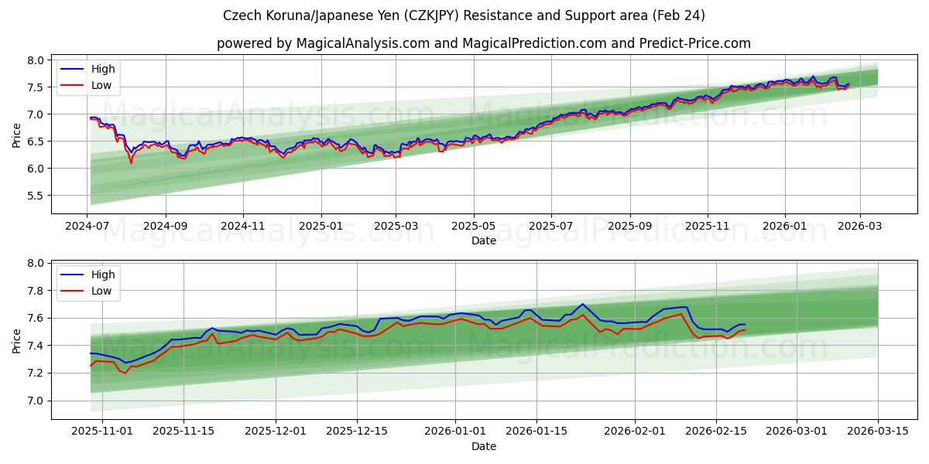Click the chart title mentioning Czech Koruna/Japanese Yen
tap(464, 15)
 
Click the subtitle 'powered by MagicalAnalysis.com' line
tap(483, 43)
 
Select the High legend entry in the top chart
tap(102, 69)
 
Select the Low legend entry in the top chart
tap(101, 85)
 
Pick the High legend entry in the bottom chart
tap(102, 275)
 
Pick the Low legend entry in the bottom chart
tap(101, 291)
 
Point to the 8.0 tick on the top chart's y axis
tap(36, 60)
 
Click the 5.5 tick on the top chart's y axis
tap(36, 196)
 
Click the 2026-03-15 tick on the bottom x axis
tap(878, 431)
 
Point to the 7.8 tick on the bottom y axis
tap(36, 291)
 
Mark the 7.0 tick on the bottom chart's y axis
tap(36, 401)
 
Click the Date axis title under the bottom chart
tap(483, 446)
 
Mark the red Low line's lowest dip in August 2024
tap(131, 163)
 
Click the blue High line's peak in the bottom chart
tap(582, 304)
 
